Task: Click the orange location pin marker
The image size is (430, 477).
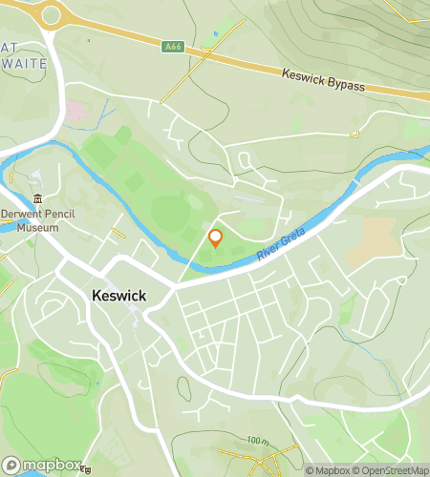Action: [216, 238]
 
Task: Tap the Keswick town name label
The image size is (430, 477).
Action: [118, 296]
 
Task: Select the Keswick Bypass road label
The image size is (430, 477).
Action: [324, 79]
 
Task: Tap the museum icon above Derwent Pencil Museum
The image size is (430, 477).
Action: [37, 198]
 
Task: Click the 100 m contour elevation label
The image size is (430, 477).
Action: [256, 441]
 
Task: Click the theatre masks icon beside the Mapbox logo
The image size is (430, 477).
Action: [87, 469]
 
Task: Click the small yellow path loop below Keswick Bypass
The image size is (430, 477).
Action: [355, 135]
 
